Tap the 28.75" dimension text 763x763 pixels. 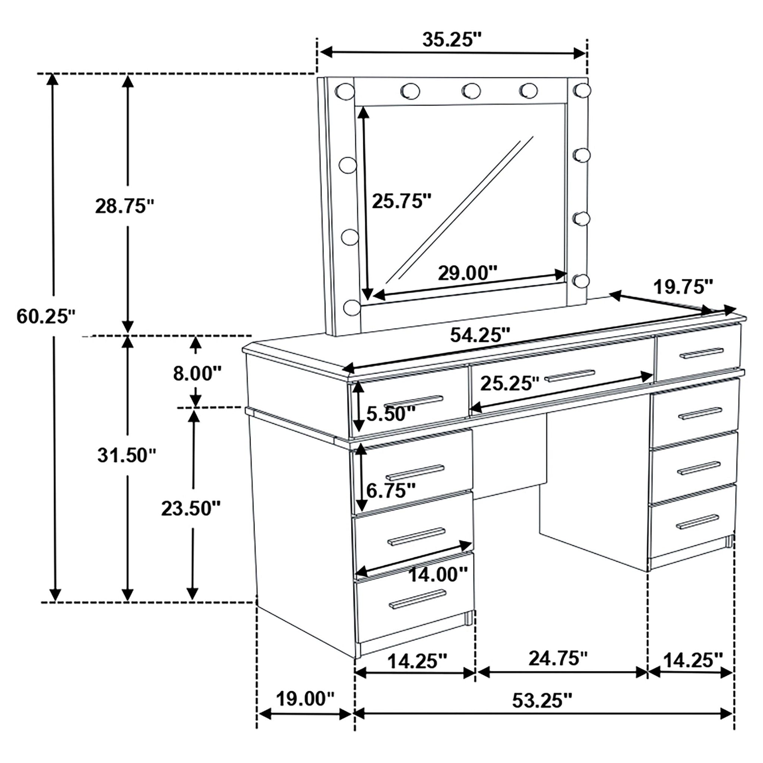coord(124,206)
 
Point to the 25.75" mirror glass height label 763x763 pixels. coord(402,202)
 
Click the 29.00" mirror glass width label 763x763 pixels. coord(467,273)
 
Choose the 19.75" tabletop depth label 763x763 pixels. coord(683,287)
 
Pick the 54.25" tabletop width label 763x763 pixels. coord(480,335)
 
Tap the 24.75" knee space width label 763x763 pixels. coord(558,658)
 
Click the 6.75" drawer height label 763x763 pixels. coord(391,491)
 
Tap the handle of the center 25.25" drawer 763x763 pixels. coord(570,376)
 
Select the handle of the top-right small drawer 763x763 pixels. coord(702,353)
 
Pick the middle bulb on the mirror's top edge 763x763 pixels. coord(471,91)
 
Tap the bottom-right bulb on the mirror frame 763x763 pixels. coord(580,281)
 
